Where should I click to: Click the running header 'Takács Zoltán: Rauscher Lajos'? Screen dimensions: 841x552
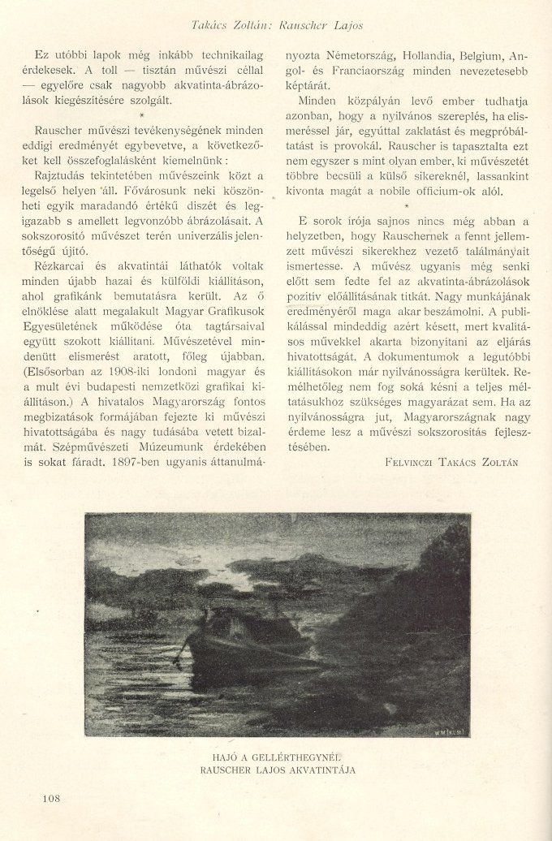pos(277,25)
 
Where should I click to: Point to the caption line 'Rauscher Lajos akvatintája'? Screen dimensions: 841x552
pos(277,770)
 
